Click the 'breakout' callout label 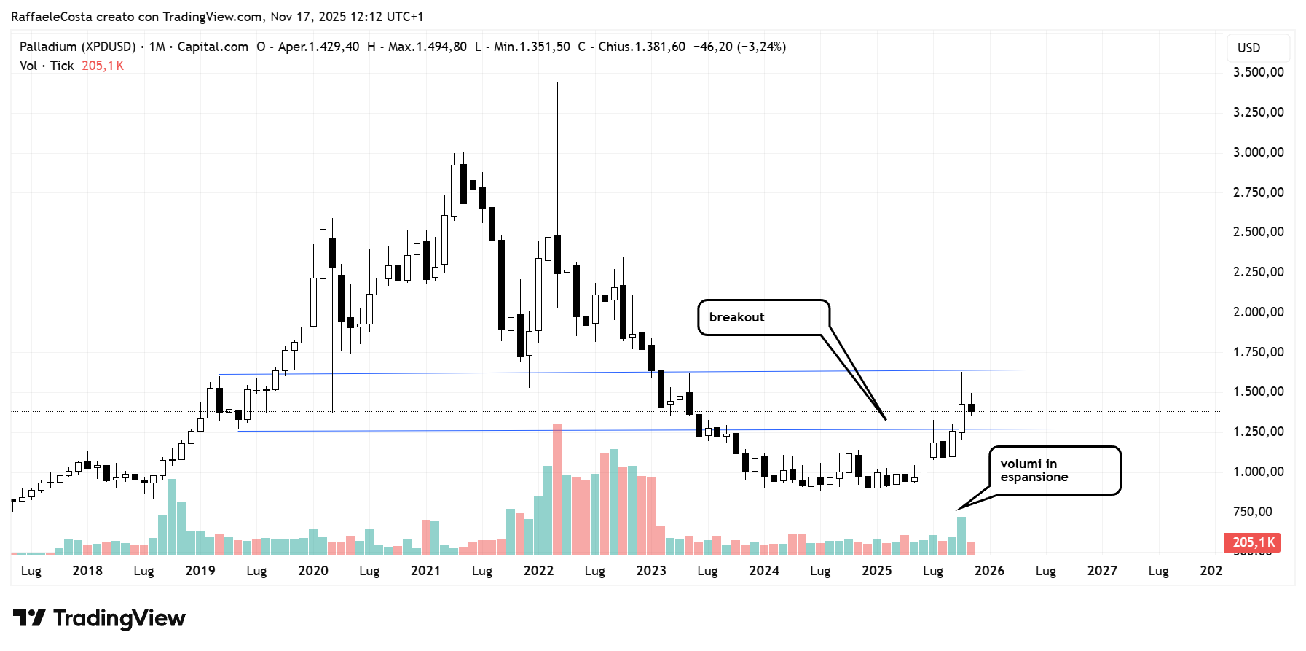[736, 317]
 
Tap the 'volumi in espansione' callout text [1034, 470]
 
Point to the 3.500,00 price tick [1258, 72]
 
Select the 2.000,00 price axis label [1258, 312]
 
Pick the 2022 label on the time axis [538, 571]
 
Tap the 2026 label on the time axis [989, 571]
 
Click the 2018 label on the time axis [87, 571]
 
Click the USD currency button [1248, 48]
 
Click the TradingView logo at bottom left [99, 619]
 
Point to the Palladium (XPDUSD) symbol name [77, 47]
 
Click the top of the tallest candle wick [557, 83]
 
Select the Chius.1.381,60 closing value [641, 47]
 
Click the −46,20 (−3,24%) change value [739, 47]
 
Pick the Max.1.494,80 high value [427, 47]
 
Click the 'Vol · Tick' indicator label [47, 66]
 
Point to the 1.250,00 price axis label [1258, 432]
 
